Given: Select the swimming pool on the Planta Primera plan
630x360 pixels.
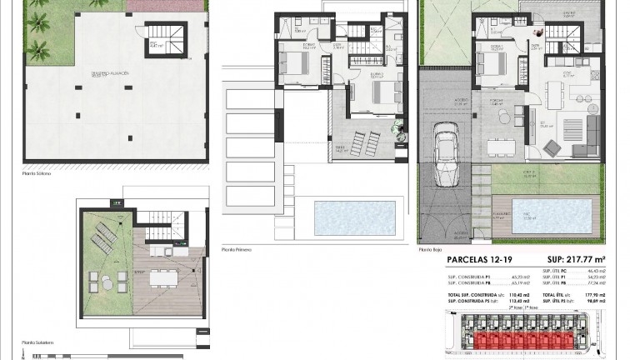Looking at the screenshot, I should (x=350, y=217).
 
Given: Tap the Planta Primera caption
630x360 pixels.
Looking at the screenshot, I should (x=238, y=249).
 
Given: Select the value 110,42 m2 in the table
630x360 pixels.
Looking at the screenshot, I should (x=522, y=294).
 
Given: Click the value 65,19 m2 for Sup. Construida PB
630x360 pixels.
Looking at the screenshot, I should (x=521, y=283).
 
